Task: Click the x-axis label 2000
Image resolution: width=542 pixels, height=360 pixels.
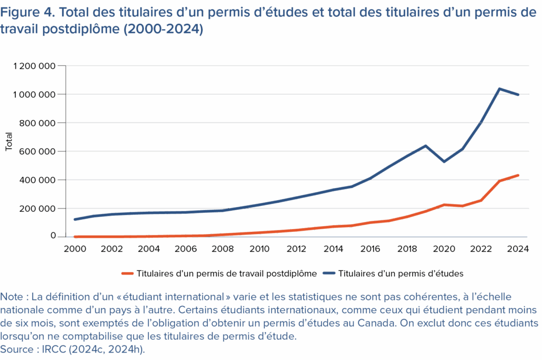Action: coord(75,249)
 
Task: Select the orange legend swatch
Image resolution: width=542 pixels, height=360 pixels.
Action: coord(127,274)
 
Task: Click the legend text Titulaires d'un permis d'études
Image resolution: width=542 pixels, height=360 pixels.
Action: coord(400,274)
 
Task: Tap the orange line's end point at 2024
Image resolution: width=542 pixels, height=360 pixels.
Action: coord(518,175)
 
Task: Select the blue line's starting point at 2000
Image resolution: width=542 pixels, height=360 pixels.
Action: coord(75,220)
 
